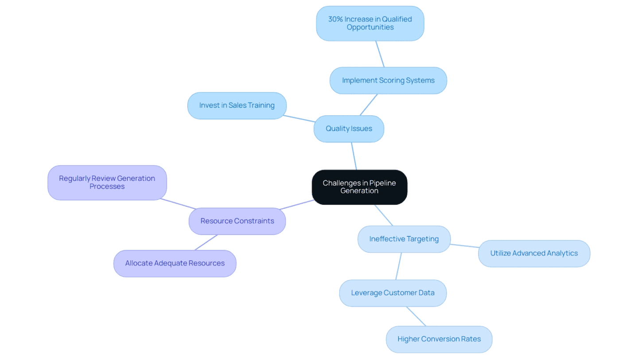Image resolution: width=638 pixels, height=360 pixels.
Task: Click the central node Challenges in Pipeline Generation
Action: [x=359, y=187]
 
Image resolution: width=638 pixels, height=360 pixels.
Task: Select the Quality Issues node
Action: [x=349, y=129]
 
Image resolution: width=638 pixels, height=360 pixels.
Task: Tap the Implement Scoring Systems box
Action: [x=388, y=80]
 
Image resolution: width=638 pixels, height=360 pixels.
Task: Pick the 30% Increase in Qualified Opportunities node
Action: [x=370, y=23]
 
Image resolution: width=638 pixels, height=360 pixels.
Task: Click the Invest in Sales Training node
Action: [x=237, y=106]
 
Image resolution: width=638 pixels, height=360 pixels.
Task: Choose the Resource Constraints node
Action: [x=237, y=221]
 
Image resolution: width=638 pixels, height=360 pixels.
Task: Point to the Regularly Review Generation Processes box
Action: [x=107, y=182]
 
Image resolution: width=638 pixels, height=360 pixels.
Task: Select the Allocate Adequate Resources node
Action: [x=175, y=263]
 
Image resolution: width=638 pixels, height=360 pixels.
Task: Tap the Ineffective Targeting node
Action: [x=404, y=239]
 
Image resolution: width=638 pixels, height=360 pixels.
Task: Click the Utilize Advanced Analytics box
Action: [x=534, y=254]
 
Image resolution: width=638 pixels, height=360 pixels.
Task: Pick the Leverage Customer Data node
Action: [x=393, y=293]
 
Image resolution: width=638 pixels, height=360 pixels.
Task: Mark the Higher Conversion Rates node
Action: [x=439, y=339]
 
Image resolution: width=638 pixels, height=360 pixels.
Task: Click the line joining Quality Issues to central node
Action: [x=354, y=156]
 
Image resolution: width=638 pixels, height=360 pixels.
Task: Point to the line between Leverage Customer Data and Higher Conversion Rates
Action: [x=416, y=316]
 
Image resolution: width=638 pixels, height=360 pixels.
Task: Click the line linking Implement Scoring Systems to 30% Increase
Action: [x=380, y=54]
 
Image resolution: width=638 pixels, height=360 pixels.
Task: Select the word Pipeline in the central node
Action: [x=383, y=183]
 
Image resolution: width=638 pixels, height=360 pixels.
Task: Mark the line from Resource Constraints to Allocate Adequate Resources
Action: [x=206, y=242]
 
